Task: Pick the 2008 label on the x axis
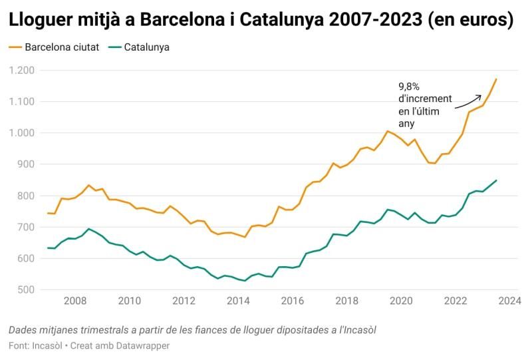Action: (x=75, y=301)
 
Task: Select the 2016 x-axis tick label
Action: (x=292, y=301)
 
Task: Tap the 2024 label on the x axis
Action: (x=509, y=301)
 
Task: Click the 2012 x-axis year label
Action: (x=184, y=301)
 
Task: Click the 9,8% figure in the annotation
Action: (x=409, y=87)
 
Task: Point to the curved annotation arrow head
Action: (x=481, y=95)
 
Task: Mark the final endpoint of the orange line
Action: (x=496, y=79)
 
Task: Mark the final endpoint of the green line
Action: (x=496, y=180)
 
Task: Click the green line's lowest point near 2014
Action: (x=245, y=281)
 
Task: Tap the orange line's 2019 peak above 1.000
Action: (x=388, y=131)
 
